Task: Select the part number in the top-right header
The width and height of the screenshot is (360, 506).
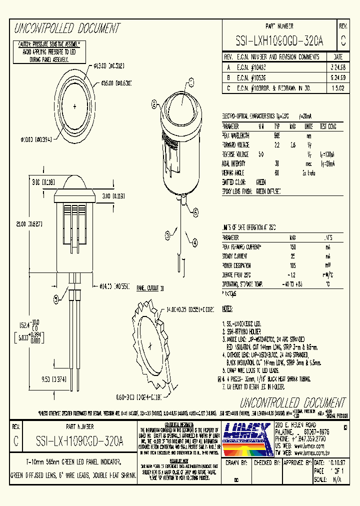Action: point(279,42)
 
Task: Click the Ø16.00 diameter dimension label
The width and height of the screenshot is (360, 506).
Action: point(116,82)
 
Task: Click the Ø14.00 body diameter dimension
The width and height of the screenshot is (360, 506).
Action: point(114,286)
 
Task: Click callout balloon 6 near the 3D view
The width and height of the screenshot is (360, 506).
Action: point(154,104)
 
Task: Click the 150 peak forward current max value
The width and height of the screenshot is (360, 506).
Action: point(292,246)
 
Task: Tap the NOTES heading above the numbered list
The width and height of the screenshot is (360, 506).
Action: point(227,309)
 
